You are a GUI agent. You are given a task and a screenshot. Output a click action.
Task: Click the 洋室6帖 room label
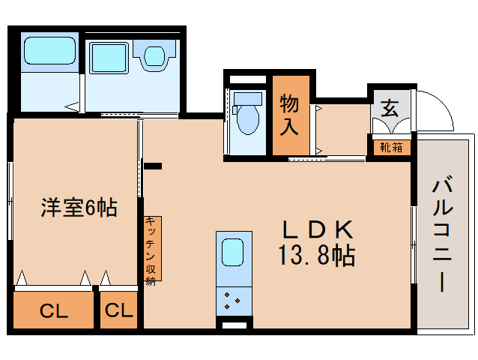coord(79,208)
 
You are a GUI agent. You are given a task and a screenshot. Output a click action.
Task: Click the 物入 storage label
coord(290,114)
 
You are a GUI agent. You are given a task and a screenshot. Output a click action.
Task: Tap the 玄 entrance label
coord(390,107)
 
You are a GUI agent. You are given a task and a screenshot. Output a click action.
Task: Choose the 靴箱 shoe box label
coord(391,147)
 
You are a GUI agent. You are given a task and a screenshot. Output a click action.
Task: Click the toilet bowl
coord(247,119)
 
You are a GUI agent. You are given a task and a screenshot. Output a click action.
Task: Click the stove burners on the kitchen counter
coord(233,301)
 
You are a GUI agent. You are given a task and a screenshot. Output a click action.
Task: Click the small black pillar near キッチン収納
coord(153,166)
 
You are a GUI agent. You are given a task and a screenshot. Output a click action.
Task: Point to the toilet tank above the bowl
coord(247,98)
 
